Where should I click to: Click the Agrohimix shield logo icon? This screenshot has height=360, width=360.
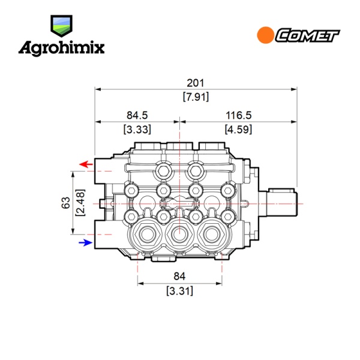(x=61, y=26)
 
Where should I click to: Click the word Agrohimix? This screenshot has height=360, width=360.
(x=62, y=49)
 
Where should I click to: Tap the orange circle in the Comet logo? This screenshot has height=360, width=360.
(x=265, y=35)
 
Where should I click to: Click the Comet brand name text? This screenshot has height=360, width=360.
(x=308, y=35)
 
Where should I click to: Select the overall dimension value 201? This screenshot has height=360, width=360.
(x=196, y=83)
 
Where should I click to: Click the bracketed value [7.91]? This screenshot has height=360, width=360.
(x=196, y=97)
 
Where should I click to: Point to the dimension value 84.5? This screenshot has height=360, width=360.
(x=137, y=115)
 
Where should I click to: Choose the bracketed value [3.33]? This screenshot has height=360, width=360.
(x=137, y=130)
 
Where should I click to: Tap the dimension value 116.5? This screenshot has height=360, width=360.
(x=239, y=115)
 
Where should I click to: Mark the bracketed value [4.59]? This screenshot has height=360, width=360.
(x=238, y=130)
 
